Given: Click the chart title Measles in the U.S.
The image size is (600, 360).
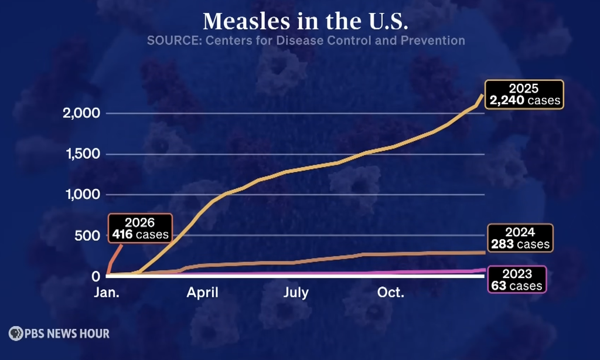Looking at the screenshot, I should pos(305,22).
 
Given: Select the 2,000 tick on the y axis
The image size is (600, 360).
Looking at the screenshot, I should pos(81,113).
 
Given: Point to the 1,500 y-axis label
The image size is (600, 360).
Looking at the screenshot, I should pos(82,154).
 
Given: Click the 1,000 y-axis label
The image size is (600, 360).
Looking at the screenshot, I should pos(82,195).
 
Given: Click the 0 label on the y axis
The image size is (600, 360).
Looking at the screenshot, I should pos(97,276).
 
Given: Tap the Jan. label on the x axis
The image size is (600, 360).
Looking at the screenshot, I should pos(107,293).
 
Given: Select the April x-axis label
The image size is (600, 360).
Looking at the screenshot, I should pos(202,293).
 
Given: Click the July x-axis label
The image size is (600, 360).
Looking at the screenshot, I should pos(296,293).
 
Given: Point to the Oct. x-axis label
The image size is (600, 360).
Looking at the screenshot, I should pos(390,293).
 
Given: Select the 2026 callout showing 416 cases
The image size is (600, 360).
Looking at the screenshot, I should pos(140,229).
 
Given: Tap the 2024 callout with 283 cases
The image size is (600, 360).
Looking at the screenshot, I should pos(520,237).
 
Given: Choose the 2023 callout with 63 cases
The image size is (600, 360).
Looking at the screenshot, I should pos(516,280).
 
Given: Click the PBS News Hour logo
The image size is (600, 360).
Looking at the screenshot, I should pos(59,334).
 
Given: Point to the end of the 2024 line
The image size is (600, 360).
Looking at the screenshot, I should pos(484,252).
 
